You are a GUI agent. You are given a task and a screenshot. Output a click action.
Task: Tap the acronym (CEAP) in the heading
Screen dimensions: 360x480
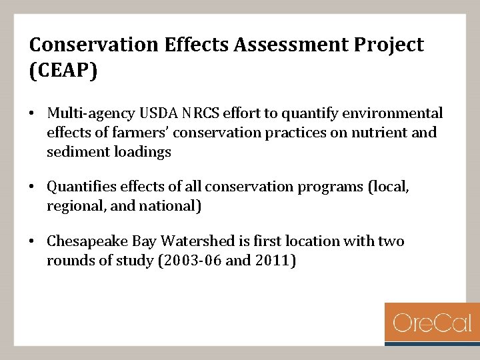63,71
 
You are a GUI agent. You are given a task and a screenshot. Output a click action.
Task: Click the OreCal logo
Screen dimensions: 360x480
432,323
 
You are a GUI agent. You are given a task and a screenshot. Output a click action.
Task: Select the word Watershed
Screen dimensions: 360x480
194,241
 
